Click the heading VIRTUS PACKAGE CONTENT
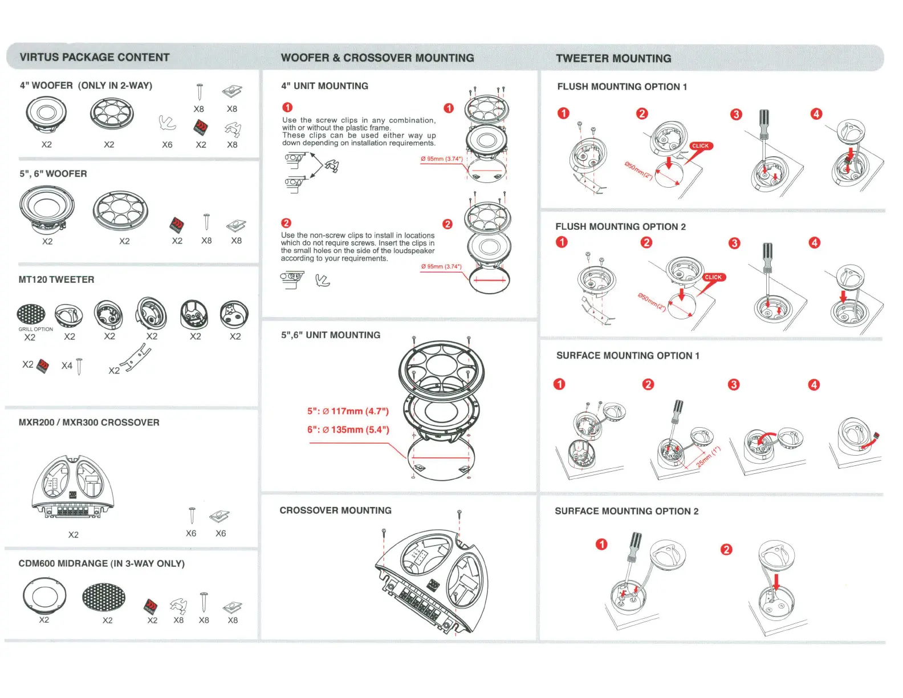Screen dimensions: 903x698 coord(95,58)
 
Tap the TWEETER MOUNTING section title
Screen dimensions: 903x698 coord(613,58)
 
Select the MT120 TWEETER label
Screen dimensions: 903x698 coord(56,279)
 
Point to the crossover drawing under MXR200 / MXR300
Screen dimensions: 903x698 coord(73,486)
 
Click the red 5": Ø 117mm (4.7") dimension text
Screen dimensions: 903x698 coord(348,411)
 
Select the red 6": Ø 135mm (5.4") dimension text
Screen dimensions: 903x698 coord(348,429)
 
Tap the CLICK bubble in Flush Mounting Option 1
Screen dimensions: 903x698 coord(701,146)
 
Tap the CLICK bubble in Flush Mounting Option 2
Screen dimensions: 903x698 coord(713,277)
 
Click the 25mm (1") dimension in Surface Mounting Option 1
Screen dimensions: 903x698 coord(709,457)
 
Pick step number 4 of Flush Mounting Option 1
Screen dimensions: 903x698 coord(816,114)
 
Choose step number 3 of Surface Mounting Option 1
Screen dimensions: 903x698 coord(734,384)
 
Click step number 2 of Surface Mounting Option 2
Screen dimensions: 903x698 coord(726,550)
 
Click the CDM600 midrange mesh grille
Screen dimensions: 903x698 coord(104,596)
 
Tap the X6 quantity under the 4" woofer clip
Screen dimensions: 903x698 coord(167,145)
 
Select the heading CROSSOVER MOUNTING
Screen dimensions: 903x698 coord(335,510)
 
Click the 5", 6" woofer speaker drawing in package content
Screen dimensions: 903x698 coord(47,210)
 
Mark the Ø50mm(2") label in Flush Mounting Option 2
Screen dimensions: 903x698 coord(652,302)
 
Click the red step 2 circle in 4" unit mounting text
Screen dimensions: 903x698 coord(286,223)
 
